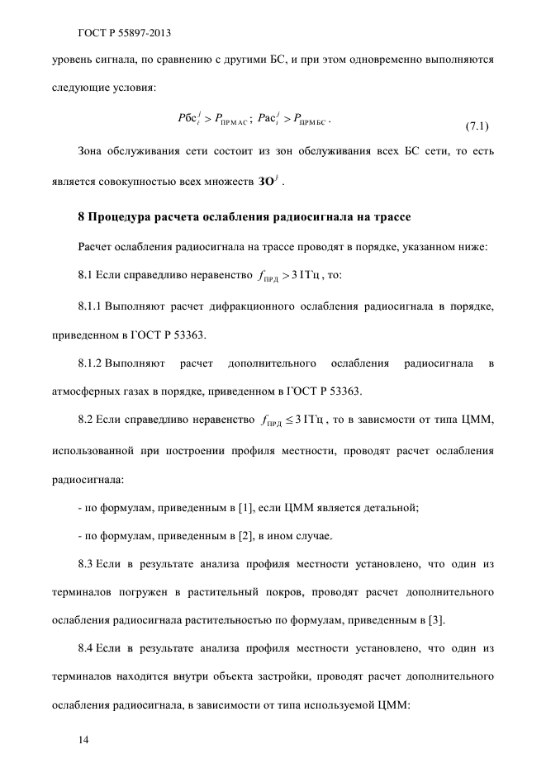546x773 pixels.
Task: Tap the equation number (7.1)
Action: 477,126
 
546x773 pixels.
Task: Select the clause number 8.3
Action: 85,564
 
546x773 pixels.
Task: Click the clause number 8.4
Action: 85,649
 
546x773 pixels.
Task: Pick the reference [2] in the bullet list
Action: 244,537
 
